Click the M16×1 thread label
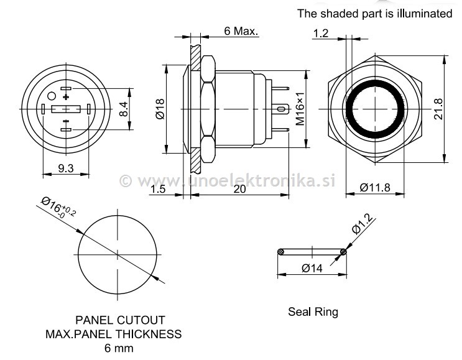(300, 109)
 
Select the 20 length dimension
(239, 190)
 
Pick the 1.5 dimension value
(158, 190)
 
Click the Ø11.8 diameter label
(377, 188)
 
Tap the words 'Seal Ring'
(313, 312)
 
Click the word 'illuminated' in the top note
(421, 13)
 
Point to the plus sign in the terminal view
(65, 96)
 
